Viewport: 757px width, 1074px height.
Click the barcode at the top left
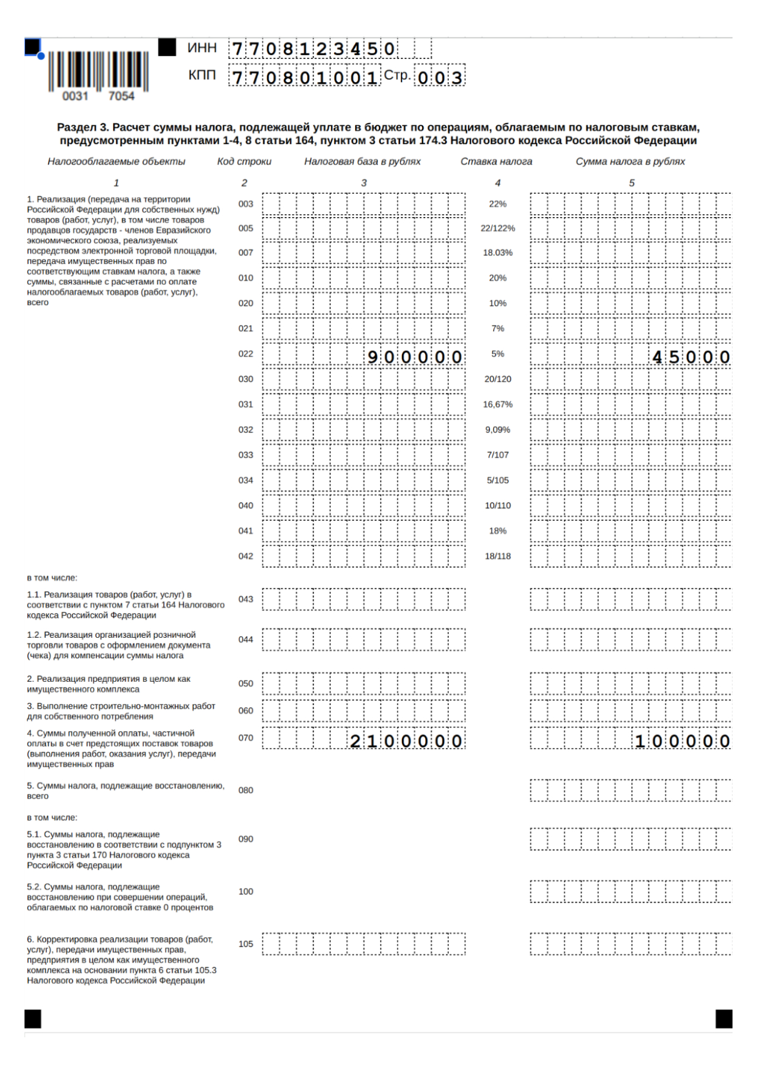98,71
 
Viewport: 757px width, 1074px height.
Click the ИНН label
201,48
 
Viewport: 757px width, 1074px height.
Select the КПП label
201,75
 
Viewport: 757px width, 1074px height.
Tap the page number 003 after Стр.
440,77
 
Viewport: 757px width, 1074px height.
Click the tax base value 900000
415,357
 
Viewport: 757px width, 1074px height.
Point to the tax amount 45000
691,357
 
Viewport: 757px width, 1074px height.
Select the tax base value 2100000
406,741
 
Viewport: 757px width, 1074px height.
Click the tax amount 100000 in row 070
682,741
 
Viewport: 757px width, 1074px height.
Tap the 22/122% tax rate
498,228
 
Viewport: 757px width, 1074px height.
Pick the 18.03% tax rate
498,253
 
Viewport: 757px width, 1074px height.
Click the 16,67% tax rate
498,405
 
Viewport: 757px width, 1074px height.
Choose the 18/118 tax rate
498,556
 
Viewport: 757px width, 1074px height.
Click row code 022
245,354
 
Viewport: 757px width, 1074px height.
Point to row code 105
245,944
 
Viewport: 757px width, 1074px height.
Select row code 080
245,790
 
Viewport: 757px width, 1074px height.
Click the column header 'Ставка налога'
496,161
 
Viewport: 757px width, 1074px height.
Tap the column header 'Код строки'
244,161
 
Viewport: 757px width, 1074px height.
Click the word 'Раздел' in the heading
76,127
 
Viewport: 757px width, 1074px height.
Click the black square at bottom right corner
724,1019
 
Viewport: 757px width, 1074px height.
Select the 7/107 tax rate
498,455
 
